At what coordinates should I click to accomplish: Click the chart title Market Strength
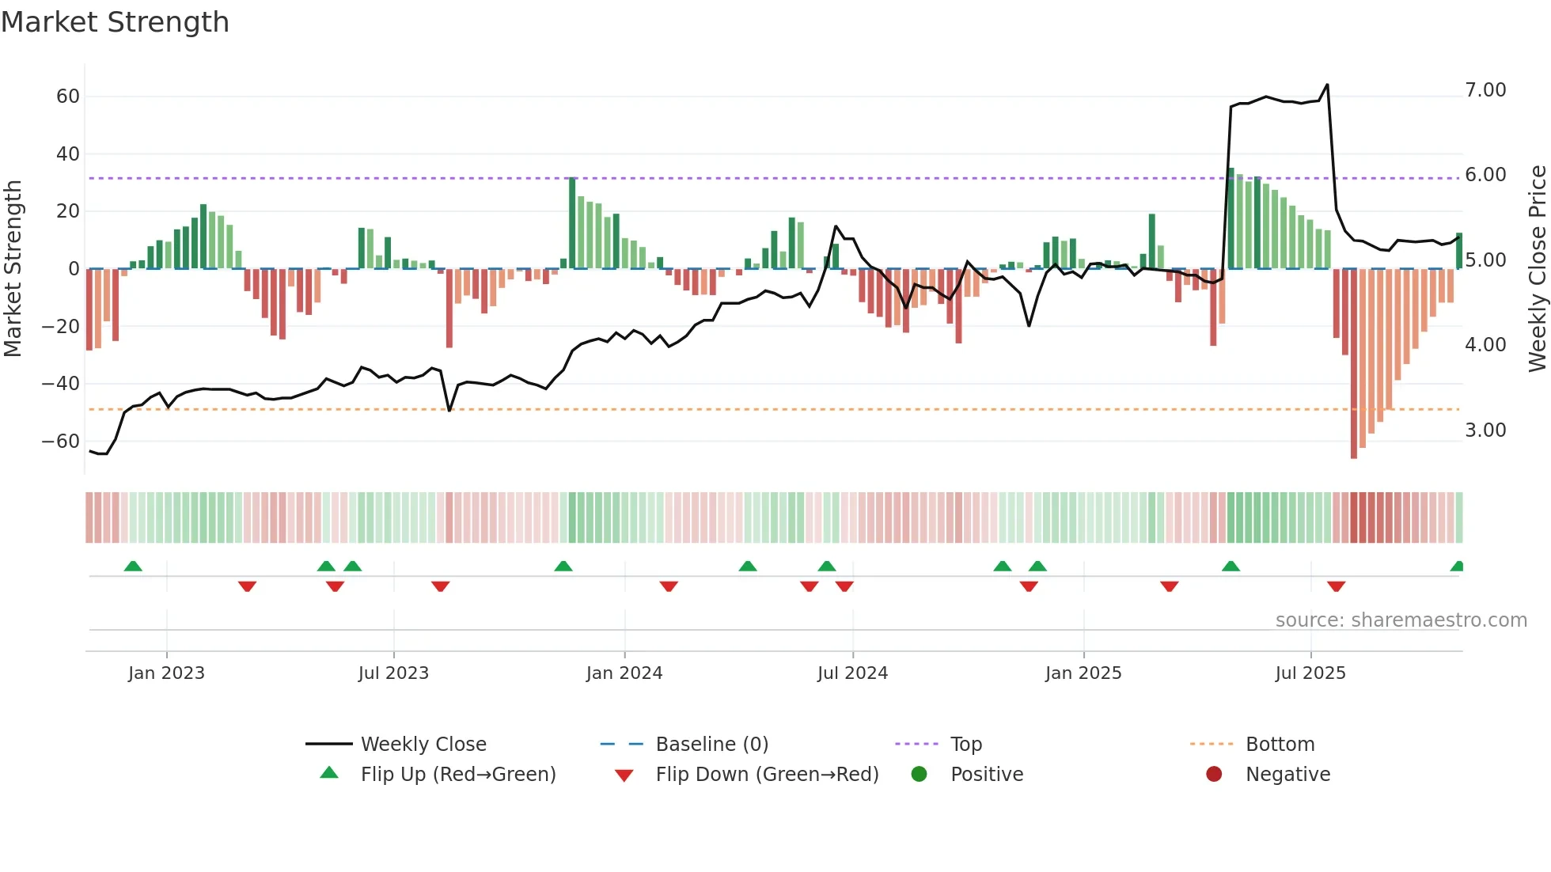(115, 22)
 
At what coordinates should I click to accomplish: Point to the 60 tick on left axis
(68, 97)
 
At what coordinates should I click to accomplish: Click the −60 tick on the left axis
(61, 442)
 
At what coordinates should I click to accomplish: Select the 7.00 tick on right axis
(1485, 90)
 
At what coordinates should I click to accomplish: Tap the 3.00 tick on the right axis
(1485, 430)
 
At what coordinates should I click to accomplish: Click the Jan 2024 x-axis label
(624, 673)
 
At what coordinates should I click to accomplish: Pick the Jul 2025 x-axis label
(1310, 673)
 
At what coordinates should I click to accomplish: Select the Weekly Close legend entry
(423, 745)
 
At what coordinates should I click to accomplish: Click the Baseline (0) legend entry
(711, 745)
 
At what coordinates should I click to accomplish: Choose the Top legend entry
(965, 745)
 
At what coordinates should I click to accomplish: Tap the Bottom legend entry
(1280, 745)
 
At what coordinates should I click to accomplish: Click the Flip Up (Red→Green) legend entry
(458, 775)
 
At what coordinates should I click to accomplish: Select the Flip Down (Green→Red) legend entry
(767, 775)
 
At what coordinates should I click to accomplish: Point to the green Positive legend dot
(919, 775)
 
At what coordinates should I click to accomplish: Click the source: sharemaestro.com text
(1401, 620)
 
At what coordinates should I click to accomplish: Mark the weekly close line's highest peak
(1327, 85)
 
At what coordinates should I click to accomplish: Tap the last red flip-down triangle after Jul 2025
(1337, 586)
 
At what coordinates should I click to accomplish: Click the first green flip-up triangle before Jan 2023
(133, 566)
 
